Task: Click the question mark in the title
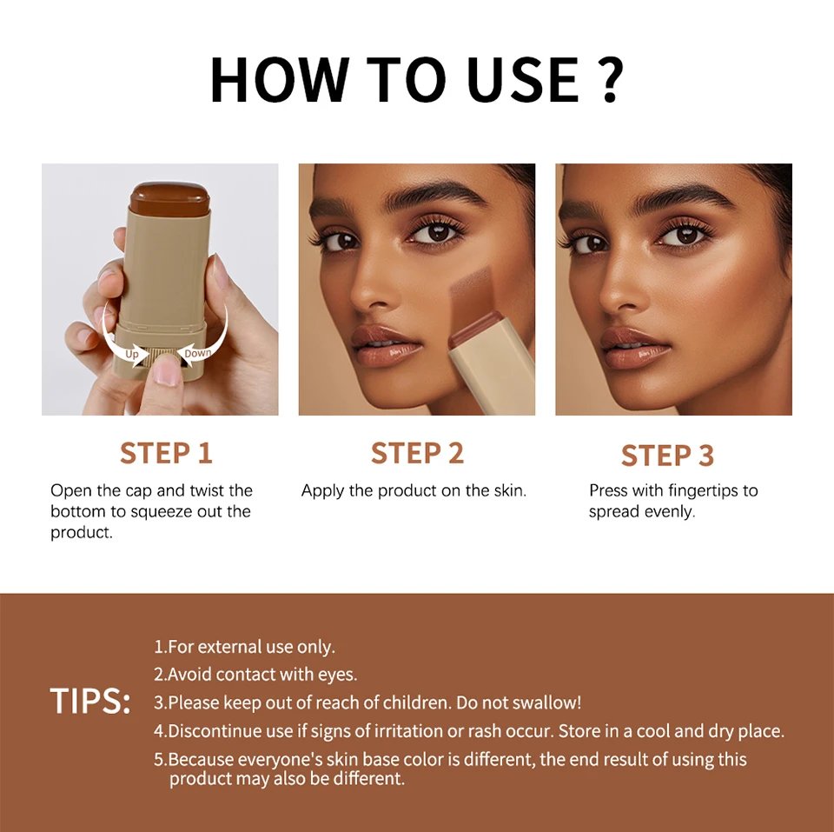(608, 79)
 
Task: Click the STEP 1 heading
(166, 453)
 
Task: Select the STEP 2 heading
(417, 453)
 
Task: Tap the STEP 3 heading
(667, 456)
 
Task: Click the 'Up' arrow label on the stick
(132, 354)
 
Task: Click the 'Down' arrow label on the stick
(197, 353)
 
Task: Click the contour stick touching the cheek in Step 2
(493, 365)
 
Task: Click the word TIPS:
(89, 702)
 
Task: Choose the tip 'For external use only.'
(244, 647)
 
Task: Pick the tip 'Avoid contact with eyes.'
(255, 674)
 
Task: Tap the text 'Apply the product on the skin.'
(414, 490)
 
